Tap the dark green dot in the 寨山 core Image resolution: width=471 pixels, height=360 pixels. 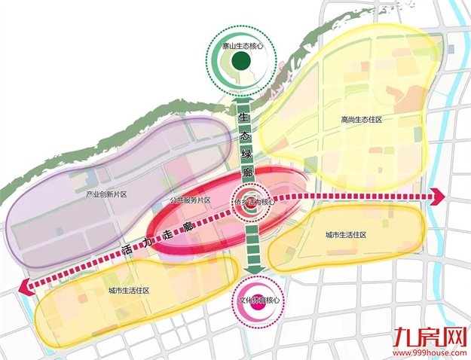(x=241, y=62)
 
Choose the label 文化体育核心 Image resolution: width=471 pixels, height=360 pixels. (x=254, y=299)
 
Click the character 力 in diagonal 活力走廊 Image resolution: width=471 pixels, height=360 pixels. (x=145, y=243)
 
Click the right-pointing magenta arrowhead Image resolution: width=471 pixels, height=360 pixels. (x=436, y=197)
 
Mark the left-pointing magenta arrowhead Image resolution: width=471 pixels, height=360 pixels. (x=26, y=285)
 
